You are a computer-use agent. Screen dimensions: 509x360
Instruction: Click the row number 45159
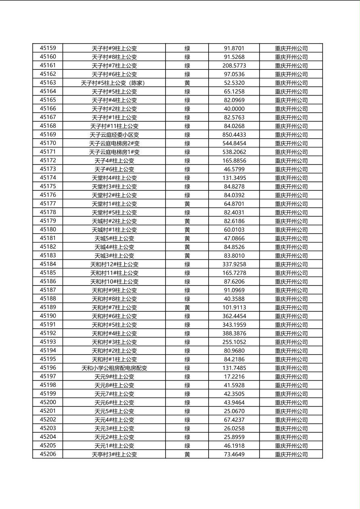pos(48,48)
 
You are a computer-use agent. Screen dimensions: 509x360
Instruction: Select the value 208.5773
pos(234,65)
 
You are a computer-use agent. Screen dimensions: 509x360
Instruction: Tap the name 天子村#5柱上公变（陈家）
pos(114,83)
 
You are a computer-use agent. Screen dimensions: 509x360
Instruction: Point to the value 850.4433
pos(234,135)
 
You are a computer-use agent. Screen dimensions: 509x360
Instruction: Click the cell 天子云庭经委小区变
pos(114,135)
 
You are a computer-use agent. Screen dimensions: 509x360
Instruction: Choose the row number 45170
pos(48,143)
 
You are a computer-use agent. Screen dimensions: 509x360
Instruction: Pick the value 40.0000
pos(234,108)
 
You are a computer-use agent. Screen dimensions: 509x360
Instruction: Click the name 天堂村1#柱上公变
pos(114,204)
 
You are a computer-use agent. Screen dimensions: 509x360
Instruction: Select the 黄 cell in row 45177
pos(187,204)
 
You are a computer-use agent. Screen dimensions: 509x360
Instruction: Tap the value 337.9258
pos(234,264)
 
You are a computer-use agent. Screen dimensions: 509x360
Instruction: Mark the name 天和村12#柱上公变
pos(114,264)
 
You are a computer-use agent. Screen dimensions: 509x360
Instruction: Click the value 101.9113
pos(234,307)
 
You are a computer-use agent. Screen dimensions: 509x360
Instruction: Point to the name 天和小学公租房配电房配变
pos(114,368)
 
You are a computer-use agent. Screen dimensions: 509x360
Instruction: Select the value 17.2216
pos(234,377)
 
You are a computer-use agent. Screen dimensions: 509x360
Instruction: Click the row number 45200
pos(48,402)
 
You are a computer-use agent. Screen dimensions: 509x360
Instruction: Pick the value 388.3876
pos(234,333)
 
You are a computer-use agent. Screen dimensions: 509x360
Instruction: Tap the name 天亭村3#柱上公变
pos(114,454)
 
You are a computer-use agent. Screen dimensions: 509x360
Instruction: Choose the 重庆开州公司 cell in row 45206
pos(291,454)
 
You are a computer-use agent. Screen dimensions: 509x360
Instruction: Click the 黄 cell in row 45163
pos(187,83)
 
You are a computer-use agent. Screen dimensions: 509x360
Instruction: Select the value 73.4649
pos(234,454)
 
